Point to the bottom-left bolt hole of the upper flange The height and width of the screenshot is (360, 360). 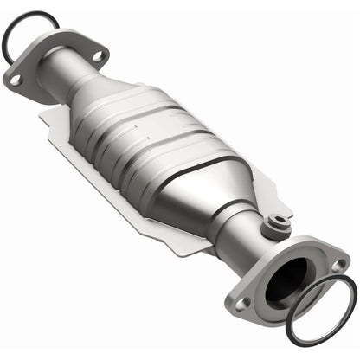click(x=15, y=80)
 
